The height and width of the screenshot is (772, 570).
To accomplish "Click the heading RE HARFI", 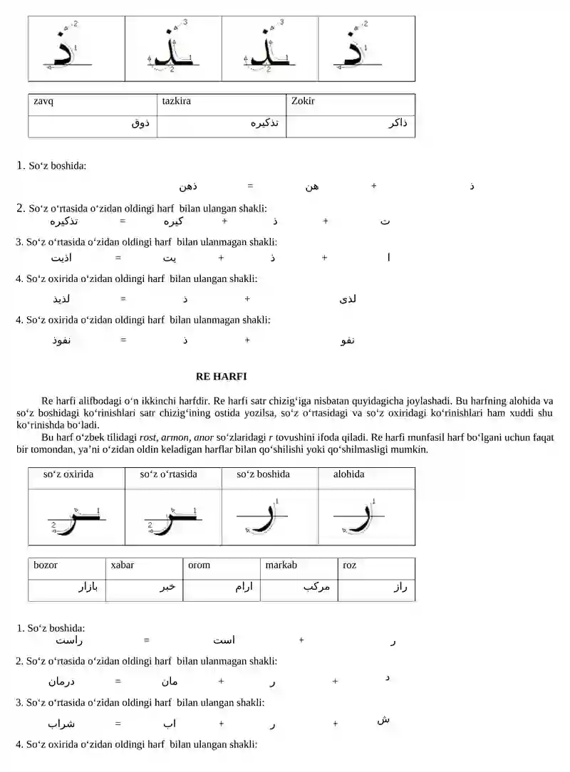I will (x=221, y=376).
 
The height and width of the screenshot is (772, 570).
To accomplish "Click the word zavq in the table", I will (x=43, y=101).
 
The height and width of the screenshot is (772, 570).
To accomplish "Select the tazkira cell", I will (x=176, y=101).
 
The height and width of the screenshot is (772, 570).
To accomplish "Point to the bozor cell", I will (x=46, y=565).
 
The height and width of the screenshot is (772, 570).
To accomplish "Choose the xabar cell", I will (x=123, y=565).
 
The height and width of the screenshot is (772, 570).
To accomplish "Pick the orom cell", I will (x=199, y=565).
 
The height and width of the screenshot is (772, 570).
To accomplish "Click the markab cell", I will (x=281, y=565).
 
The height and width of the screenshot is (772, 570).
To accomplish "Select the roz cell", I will (x=349, y=565).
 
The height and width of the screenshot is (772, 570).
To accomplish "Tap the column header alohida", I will (x=348, y=474).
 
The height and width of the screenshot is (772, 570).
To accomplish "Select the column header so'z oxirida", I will (x=68, y=474).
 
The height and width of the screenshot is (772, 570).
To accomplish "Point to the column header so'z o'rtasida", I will (x=168, y=474).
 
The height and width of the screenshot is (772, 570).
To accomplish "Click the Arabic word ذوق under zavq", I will (x=140, y=124).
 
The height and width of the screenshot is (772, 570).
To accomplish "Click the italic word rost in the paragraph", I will (x=147, y=437).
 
